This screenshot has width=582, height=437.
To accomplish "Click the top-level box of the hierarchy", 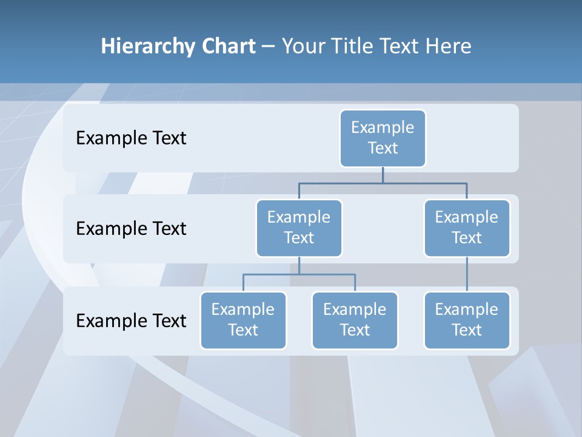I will pyautogui.click(x=383, y=138).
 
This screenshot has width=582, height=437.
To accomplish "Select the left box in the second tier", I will pyautogui.click(x=299, y=228).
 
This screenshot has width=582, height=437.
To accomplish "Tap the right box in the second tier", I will pyautogui.click(x=467, y=228).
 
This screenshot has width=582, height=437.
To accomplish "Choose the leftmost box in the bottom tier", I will pyautogui.click(x=243, y=320).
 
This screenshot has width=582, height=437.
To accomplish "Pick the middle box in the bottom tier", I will pyautogui.click(x=355, y=320).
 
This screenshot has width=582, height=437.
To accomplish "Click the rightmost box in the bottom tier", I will pyautogui.click(x=467, y=320).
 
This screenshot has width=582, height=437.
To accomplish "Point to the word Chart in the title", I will pyautogui.click(x=227, y=46).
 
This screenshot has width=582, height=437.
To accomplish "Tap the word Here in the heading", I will pyautogui.click(x=449, y=46).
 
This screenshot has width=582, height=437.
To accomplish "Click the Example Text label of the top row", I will pyautogui.click(x=131, y=138).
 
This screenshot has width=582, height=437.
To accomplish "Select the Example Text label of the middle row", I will pyautogui.click(x=131, y=229).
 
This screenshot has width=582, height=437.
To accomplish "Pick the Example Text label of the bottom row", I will pyautogui.click(x=131, y=320).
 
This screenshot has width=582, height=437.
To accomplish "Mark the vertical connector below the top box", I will pyautogui.click(x=383, y=175).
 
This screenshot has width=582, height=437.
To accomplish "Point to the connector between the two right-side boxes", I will pyautogui.click(x=467, y=274).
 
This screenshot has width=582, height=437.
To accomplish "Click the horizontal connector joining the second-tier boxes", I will pyautogui.click(x=383, y=182).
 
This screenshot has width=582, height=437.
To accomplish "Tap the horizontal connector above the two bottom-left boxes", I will pyautogui.click(x=299, y=274).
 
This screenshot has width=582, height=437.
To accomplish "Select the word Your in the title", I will pyautogui.click(x=303, y=47).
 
